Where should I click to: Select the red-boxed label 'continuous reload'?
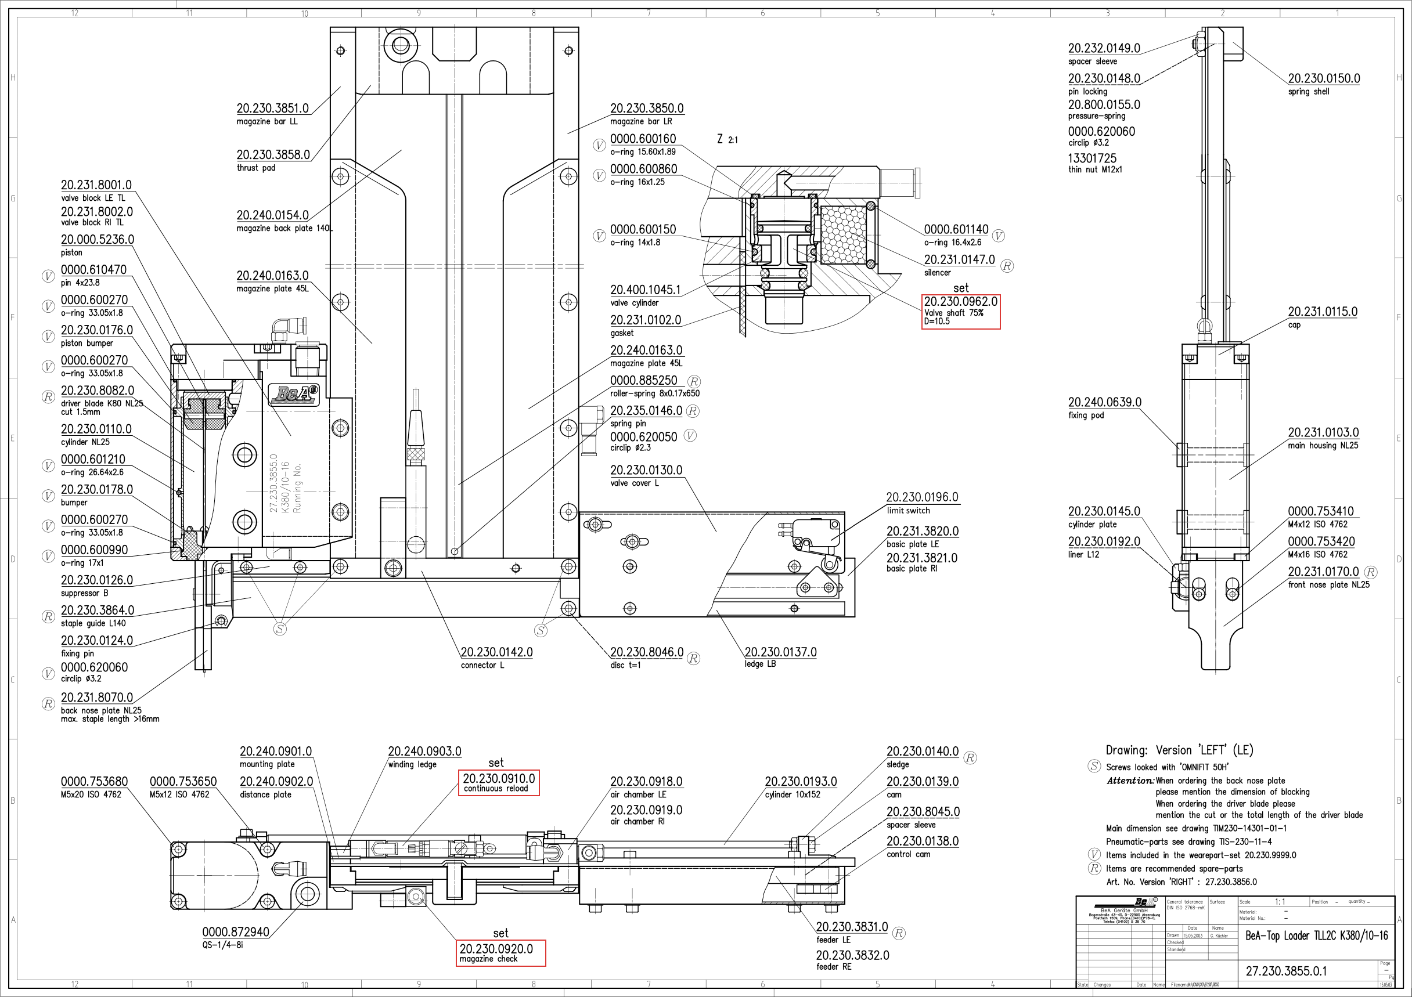pyautogui.click(x=496, y=789)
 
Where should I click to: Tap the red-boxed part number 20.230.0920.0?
pyautogui.click(x=496, y=949)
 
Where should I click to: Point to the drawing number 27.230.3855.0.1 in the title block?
pyautogui.click(x=1286, y=971)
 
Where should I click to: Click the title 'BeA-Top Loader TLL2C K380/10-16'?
pyautogui.click(x=1316, y=935)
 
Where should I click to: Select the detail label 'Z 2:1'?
pyautogui.click(x=727, y=139)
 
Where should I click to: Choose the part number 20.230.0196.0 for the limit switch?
pyautogui.click(x=922, y=497)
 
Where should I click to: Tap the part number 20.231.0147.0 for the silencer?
pyautogui.click(x=959, y=260)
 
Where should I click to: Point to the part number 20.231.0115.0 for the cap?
pyautogui.click(x=1322, y=312)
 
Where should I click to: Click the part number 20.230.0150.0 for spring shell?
pyautogui.click(x=1323, y=79)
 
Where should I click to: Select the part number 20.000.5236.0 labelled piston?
pyautogui.click(x=97, y=240)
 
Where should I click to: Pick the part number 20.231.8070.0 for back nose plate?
pyautogui.click(x=96, y=698)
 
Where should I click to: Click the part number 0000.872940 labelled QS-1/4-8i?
pyautogui.click(x=236, y=932)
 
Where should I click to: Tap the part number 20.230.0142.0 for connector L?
pyautogui.click(x=496, y=652)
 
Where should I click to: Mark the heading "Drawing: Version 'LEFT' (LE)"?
pyautogui.click(x=1179, y=750)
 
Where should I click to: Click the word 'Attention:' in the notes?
pyautogui.click(x=1130, y=781)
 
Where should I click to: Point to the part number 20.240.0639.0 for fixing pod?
pyautogui.click(x=1104, y=403)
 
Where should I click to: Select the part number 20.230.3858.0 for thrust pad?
pyautogui.click(x=273, y=155)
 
